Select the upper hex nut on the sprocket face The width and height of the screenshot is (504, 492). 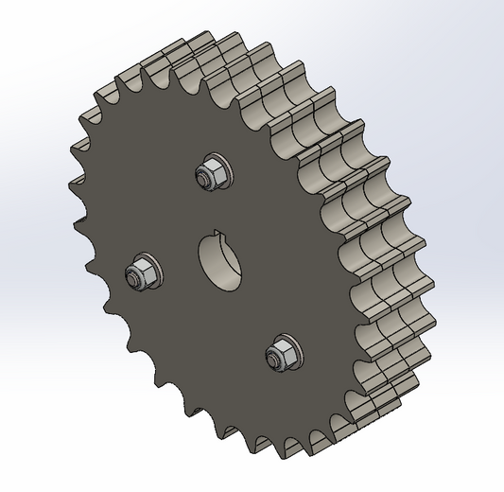209,172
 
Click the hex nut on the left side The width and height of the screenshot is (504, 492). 141,273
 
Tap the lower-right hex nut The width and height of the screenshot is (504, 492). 278,355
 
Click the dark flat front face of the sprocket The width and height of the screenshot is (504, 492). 189,360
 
